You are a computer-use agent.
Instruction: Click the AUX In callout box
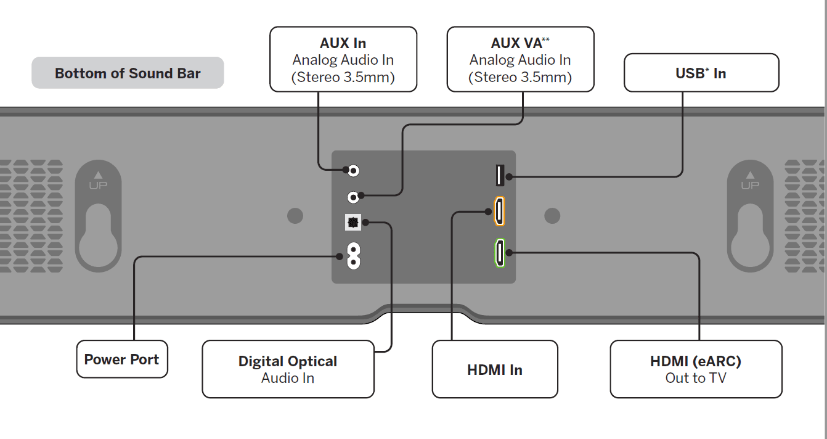(x=343, y=60)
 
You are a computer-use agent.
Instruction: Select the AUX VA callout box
(x=520, y=60)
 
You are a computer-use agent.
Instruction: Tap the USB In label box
(x=701, y=73)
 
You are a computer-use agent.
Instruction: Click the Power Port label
(x=122, y=359)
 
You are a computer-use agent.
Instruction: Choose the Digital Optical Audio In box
(x=288, y=369)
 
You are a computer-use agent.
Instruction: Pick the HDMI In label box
(x=495, y=369)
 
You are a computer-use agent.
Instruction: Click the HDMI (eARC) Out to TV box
(x=696, y=369)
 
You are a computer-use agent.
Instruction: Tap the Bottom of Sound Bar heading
(x=128, y=73)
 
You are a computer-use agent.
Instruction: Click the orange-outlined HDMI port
(x=499, y=211)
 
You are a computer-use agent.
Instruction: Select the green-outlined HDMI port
(x=499, y=253)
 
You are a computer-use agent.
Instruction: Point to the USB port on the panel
(x=500, y=175)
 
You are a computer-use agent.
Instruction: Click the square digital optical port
(x=353, y=222)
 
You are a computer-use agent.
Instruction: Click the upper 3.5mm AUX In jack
(x=354, y=170)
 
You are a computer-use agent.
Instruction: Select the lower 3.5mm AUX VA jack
(x=353, y=197)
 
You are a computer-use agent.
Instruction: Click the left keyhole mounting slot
(x=98, y=238)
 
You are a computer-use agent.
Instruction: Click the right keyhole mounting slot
(x=749, y=238)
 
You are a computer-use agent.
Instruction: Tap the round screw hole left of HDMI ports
(x=295, y=216)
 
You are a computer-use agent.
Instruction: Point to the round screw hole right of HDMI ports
(x=553, y=216)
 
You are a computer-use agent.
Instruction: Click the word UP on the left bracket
(x=98, y=186)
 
